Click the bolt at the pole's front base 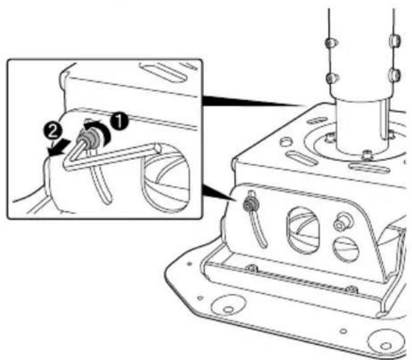(367, 155)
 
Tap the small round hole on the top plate (285, 142)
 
